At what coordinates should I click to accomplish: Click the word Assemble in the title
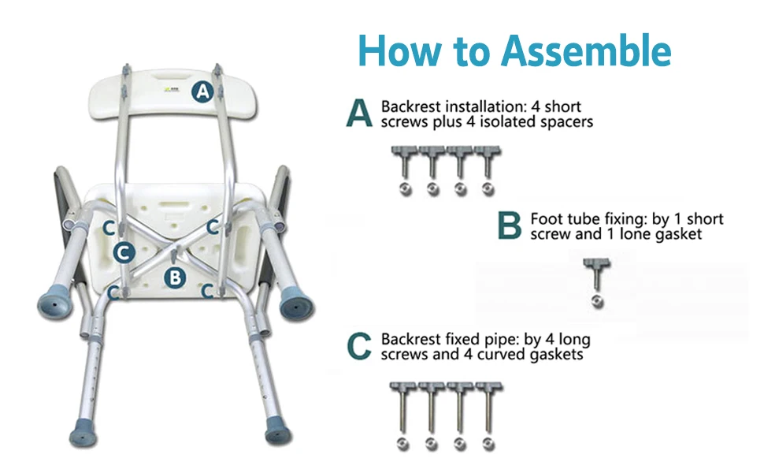[x=587, y=50]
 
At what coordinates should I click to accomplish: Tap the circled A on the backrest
[x=202, y=91]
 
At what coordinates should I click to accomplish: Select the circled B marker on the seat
[x=175, y=277]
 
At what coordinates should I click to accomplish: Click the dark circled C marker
[x=124, y=252]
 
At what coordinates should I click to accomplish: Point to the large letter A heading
[x=359, y=114]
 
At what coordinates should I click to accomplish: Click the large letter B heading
[x=510, y=225]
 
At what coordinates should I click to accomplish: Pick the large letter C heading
[x=359, y=346]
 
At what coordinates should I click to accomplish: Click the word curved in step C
[x=500, y=354]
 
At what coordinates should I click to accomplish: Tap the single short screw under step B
[x=596, y=274]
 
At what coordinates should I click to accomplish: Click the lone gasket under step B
[x=597, y=302]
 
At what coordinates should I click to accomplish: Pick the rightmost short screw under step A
[x=488, y=162]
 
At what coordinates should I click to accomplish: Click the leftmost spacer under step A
[x=406, y=188]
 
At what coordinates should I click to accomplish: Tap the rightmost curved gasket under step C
[x=488, y=444]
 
